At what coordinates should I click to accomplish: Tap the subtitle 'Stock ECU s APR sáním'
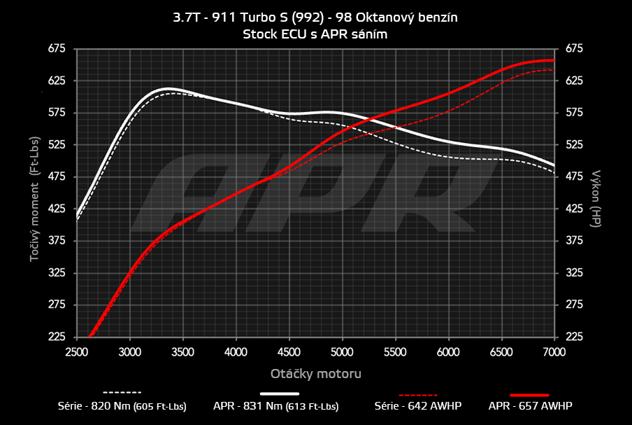pos(315,34)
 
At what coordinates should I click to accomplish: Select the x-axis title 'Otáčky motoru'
pos(315,374)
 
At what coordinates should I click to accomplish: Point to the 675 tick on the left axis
pos(57,48)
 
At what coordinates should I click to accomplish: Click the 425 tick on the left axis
pos(57,209)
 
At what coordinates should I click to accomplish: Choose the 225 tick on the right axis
pos(573,337)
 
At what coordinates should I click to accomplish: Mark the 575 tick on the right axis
pos(573,113)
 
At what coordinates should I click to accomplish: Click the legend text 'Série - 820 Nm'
pos(122,405)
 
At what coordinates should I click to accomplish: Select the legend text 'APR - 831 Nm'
pos(276,405)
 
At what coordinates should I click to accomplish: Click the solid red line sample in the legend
pos(529,393)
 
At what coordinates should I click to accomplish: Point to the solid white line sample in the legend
pos(285,393)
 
